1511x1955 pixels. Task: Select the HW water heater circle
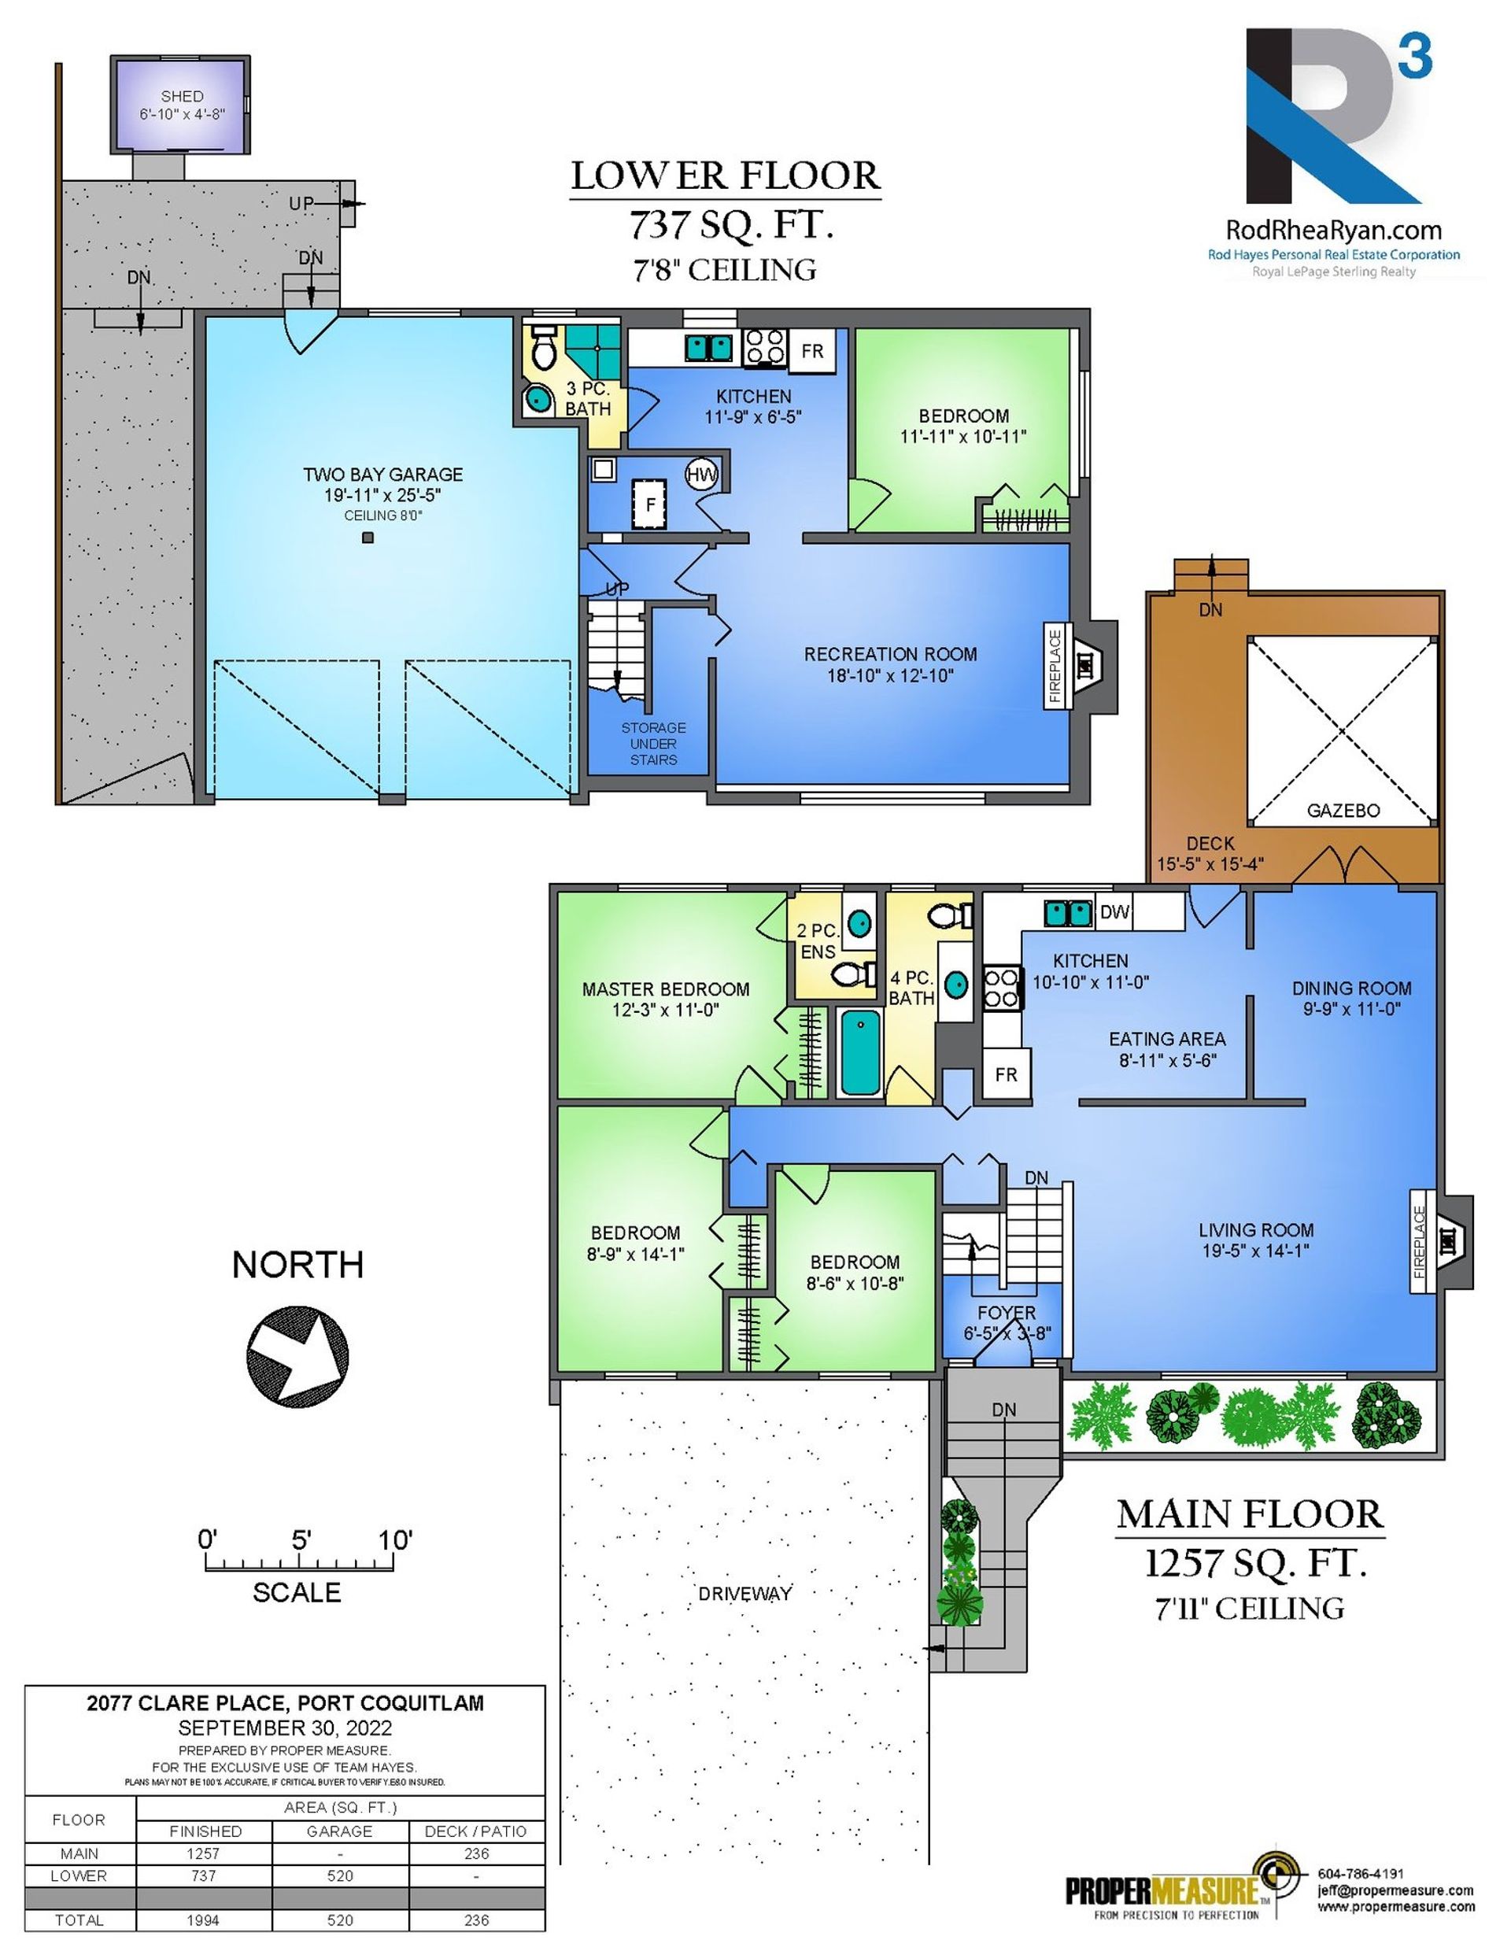(701, 475)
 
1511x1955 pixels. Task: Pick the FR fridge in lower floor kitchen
(812, 350)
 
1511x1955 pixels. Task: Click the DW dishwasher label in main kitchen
(1114, 912)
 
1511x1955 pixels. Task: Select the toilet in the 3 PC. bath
(543, 350)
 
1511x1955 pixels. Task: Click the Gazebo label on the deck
(1343, 810)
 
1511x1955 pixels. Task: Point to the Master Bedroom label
(665, 989)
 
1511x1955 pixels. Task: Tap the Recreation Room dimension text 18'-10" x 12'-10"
(890, 676)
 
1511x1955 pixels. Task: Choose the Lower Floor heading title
(726, 176)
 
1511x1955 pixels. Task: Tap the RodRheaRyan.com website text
(1333, 231)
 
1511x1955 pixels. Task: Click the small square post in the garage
(367, 537)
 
